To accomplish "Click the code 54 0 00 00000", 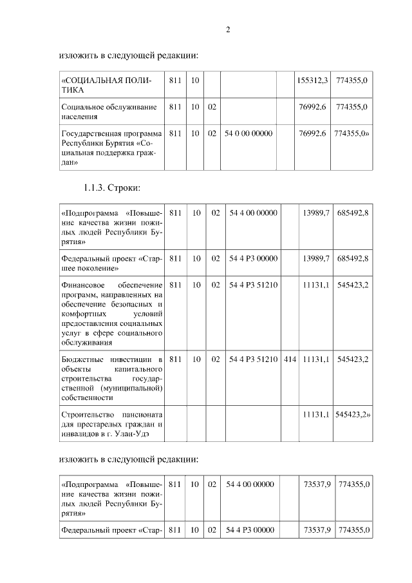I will click(249, 133).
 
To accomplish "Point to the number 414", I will click(290, 358).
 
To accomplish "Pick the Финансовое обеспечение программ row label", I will click(111, 315).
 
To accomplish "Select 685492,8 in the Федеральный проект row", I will click(353, 258).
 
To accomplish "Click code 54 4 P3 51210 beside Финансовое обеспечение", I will click(253, 285).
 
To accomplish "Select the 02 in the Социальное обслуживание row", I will click(212, 107).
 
